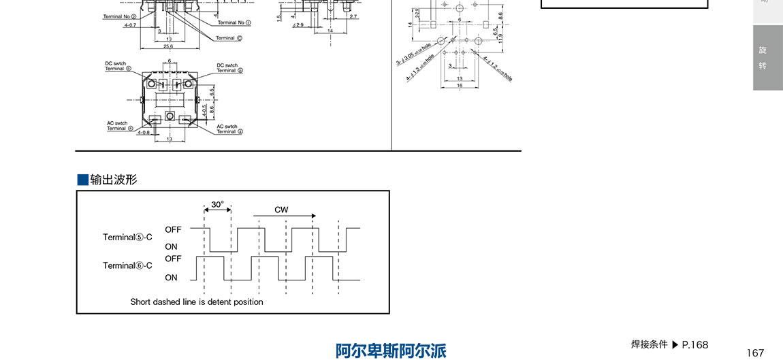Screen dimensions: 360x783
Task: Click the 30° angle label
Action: coord(217,204)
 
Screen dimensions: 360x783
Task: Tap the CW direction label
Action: coord(281,210)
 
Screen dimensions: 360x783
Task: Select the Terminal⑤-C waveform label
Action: coord(127,238)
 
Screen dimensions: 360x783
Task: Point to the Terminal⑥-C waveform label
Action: coord(127,265)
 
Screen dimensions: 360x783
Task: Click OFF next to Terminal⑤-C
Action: coord(173,230)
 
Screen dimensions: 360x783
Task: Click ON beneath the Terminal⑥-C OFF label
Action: coord(171,278)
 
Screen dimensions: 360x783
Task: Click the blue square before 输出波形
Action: coord(83,180)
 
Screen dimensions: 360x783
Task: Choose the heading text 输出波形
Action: coord(114,180)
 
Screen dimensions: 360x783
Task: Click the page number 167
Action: coord(755,353)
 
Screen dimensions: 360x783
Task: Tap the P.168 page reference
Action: coord(694,345)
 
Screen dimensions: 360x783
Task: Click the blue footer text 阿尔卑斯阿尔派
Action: coord(391,350)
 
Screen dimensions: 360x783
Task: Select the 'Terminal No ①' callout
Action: coord(234,22)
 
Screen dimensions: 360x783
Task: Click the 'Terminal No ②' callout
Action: coord(120,16)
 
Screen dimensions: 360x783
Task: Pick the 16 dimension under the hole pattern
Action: coord(460,86)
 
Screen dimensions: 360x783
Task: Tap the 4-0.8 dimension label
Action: coord(144,133)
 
